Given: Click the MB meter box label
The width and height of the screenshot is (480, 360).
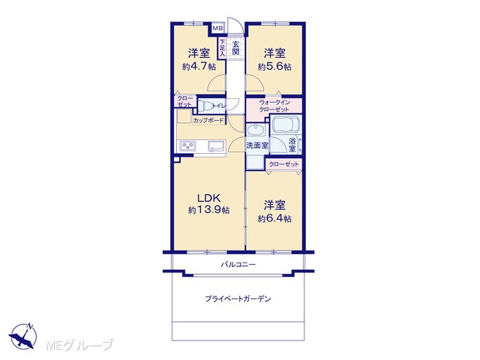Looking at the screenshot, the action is (218, 28).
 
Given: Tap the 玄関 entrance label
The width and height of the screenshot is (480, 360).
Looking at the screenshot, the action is (235, 48).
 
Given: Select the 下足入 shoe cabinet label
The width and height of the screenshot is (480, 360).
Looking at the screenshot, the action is (222, 48).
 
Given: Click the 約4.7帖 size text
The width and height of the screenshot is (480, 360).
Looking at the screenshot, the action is (199, 67).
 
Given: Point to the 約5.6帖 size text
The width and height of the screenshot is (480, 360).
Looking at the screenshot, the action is (274, 67).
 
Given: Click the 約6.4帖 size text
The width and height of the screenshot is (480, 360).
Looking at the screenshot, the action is (274, 218).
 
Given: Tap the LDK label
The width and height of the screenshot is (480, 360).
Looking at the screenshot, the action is (208, 198).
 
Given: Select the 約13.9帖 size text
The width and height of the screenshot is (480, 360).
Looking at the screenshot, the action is (208, 210).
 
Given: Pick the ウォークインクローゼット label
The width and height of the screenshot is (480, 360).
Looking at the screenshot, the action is (274, 106).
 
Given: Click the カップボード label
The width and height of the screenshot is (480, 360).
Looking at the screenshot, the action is (208, 120).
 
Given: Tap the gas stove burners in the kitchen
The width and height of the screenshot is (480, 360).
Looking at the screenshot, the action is (187, 145).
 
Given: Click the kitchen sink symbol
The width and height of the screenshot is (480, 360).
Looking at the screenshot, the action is (216, 146).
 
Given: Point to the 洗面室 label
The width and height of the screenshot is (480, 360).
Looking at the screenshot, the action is (257, 145).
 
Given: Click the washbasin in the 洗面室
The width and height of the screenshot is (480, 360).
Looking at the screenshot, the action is (256, 130).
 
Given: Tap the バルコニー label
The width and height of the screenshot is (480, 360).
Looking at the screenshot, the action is (238, 264).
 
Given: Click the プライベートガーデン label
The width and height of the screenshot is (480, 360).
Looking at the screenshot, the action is (238, 298).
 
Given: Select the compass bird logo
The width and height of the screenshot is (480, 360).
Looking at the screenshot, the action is (23, 336).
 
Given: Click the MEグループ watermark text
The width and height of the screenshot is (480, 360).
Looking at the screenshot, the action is (79, 345).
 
